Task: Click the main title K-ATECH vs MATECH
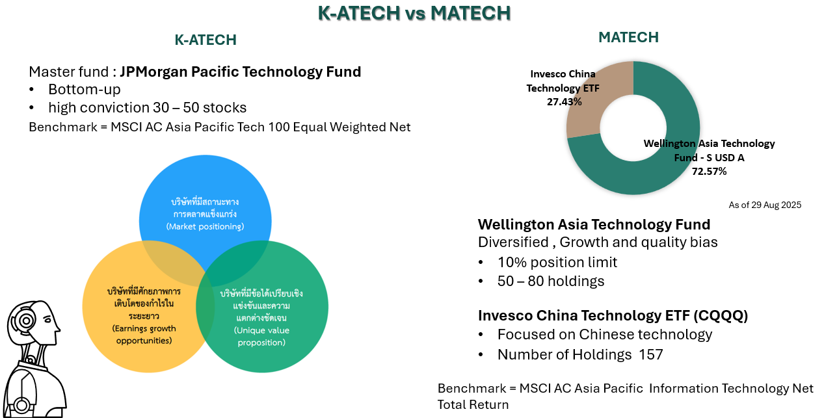[x=414, y=13]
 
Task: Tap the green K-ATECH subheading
[x=206, y=40]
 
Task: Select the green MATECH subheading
[x=628, y=38]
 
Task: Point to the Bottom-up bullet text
[x=85, y=89]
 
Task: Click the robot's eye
[x=47, y=319]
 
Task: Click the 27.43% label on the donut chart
[x=564, y=102]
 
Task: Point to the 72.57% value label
[x=709, y=172]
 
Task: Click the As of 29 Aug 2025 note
[x=765, y=205]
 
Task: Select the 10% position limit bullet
[x=557, y=263]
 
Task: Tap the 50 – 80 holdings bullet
[x=551, y=281]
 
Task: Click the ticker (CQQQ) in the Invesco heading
[x=721, y=316]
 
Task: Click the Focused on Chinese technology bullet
[x=605, y=335]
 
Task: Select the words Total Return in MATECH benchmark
[x=473, y=405]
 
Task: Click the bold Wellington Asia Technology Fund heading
[x=594, y=225]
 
